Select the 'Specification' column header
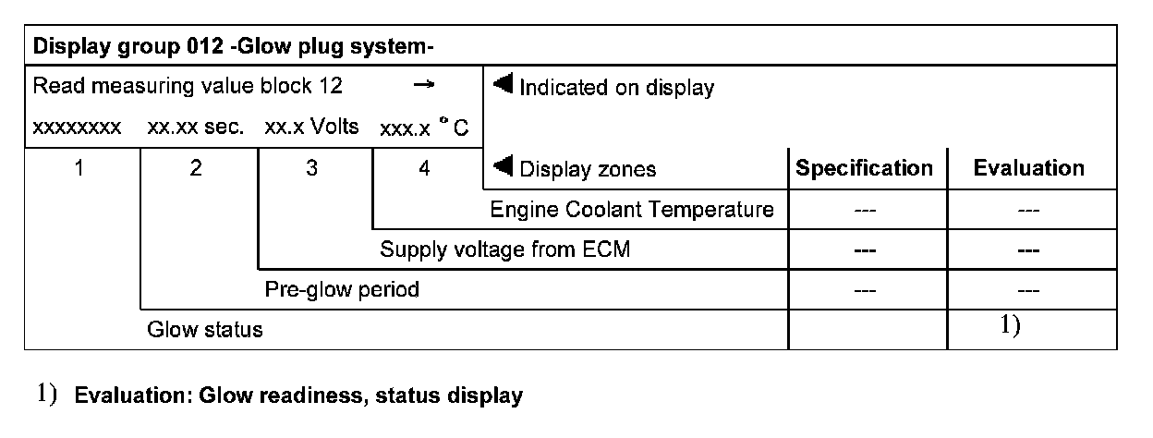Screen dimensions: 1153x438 tap(864, 168)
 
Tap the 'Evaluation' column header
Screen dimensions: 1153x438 tap(1028, 168)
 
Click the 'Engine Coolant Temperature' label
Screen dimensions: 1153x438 tap(632, 210)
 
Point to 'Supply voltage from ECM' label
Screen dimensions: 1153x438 tap(505, 249)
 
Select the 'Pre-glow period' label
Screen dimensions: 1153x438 tap(342, 289)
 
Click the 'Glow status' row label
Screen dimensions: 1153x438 tap(205, 330)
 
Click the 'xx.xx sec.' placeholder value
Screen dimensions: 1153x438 tap(196, 128)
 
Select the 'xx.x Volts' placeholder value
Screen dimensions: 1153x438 tap(311, 128)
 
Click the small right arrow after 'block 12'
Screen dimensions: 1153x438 tap(423, 85)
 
